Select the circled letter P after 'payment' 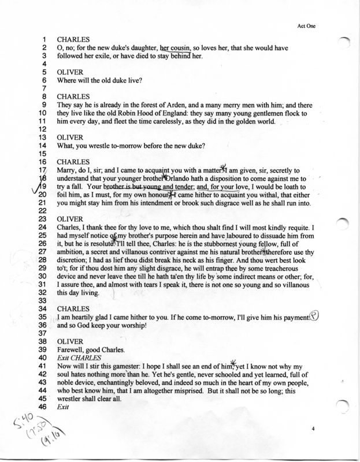click(314, 317)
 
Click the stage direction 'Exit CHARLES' click(77, 358)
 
